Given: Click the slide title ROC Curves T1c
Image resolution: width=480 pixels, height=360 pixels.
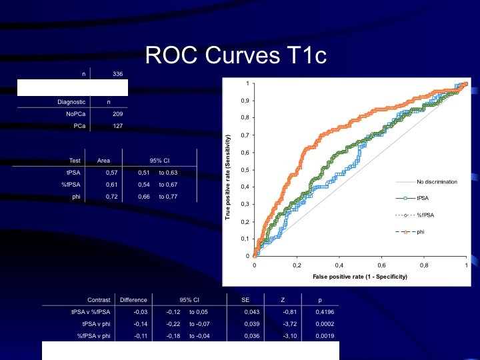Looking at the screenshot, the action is (x=236, y=55).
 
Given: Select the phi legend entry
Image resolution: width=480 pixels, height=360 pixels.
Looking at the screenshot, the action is (x=410, y=232).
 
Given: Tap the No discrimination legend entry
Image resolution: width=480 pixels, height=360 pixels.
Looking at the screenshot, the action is (x=427, y=182).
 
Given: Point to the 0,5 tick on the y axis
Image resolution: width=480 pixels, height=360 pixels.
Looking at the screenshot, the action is (x=246, y=170).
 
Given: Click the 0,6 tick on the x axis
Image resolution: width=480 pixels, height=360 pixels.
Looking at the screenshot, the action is (x=381, y=265).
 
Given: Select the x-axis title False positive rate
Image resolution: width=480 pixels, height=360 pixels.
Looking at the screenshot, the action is (x=360, y=277).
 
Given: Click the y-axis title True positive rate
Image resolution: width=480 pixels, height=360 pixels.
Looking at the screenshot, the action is (x=227, y=177).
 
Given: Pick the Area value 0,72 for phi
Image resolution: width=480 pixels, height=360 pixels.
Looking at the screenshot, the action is (x=112, y=197).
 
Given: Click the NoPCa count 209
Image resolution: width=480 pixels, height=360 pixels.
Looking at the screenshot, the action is (x=117, y=114).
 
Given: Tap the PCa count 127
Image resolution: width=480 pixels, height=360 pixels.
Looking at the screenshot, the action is (x=117, y=126).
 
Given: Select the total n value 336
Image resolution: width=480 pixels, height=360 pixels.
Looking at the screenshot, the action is (x=117, y=74).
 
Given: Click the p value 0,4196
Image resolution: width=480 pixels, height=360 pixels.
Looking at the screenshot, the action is (x=325, y=312).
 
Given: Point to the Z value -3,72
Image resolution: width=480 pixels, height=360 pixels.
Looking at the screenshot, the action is (x=289, y=324).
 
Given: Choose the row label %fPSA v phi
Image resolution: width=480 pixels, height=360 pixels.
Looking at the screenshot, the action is (x=93, y=336).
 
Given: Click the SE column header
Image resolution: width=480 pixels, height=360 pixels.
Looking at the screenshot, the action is (x=245, y=300).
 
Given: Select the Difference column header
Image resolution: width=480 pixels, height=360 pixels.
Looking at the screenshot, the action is (x=133, y=300).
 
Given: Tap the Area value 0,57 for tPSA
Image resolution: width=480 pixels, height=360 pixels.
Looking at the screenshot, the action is (x=112, y=173).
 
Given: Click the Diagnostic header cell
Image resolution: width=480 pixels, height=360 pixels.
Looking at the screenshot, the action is (x=71, y=102).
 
